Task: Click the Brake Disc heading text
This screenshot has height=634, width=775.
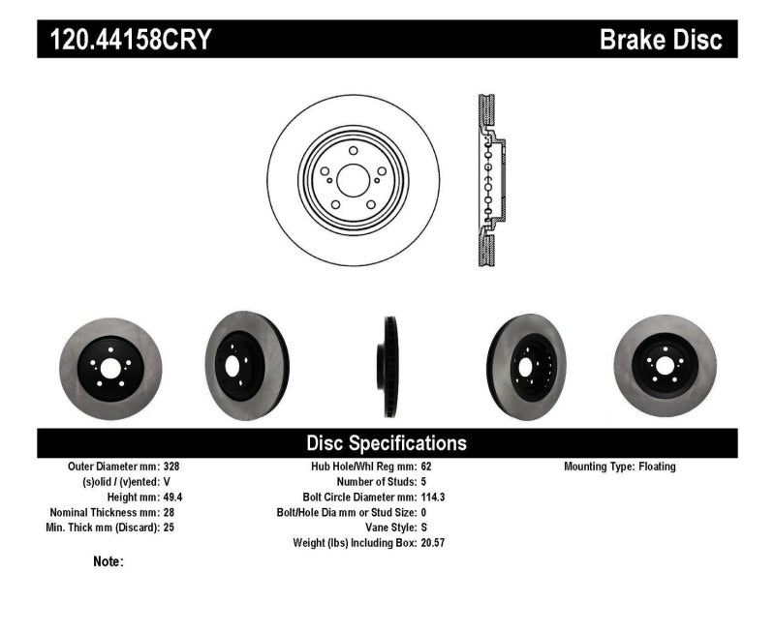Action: [661, 41]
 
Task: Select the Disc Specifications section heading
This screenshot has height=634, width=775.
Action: [387, 443]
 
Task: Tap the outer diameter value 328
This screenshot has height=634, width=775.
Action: [171, 467]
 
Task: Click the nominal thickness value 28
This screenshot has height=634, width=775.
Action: [169, 512]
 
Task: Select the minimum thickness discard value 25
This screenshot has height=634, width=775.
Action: [169, 528]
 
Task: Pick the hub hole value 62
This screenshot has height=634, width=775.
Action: [427, 467]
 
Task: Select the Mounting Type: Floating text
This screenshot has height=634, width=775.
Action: [619, 467]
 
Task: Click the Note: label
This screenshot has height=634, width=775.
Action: [108, 561]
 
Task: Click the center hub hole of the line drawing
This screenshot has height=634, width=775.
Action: [353, 179]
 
